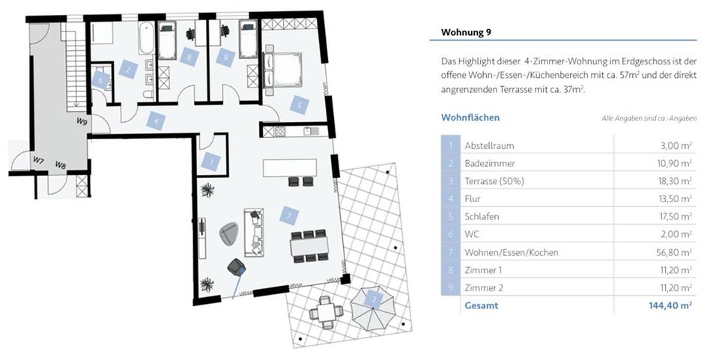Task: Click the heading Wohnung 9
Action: pos(467,32)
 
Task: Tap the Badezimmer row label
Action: pos(490,163)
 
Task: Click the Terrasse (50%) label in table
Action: pos(494,181)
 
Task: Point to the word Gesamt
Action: pos(481,305)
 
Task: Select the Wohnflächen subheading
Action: pos(470,118)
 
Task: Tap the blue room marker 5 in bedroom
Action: pos(300,105)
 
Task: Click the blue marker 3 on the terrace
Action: pos(374,299)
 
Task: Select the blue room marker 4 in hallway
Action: pos(155,120)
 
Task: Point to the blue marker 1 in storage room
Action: pos(211,160)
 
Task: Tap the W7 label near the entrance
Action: pos(38,161)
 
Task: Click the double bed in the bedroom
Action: pos(285,69)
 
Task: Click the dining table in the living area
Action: pos(309,245)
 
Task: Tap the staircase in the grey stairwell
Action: pos(73,67)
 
